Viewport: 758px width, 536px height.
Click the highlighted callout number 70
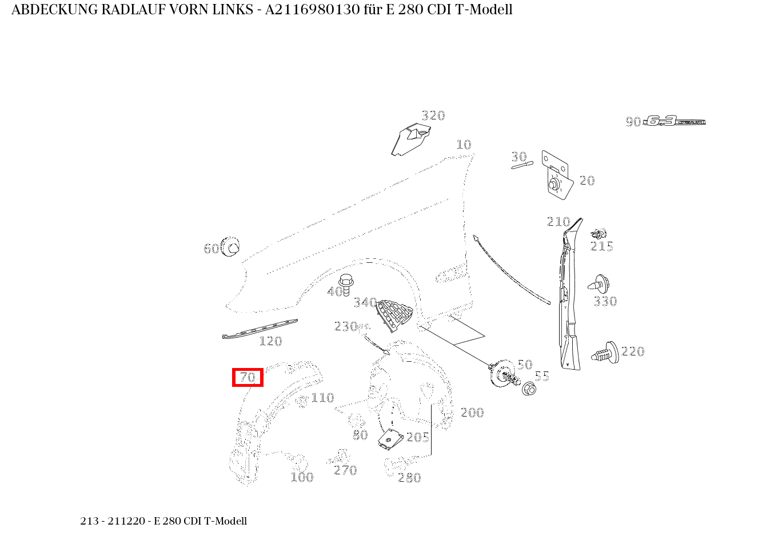[248, 378]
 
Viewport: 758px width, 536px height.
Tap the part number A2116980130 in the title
[312, 10]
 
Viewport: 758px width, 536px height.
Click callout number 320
[433, 115]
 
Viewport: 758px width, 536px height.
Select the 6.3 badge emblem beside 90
[675, 121]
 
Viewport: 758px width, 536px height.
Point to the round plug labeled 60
[230, 247]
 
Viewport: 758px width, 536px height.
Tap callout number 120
[270, 342]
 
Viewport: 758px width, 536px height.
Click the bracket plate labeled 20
[556, 175]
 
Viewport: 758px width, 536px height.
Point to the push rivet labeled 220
[605, 353]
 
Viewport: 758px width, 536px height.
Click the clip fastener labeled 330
[599, 284]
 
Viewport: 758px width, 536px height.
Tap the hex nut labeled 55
[529, 389]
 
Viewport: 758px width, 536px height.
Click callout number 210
[558, 222]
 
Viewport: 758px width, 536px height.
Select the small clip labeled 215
[599, 233]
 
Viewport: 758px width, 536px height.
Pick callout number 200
[472, 413]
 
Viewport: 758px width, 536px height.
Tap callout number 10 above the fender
[464, 145]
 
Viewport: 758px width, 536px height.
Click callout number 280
[409, 478]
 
